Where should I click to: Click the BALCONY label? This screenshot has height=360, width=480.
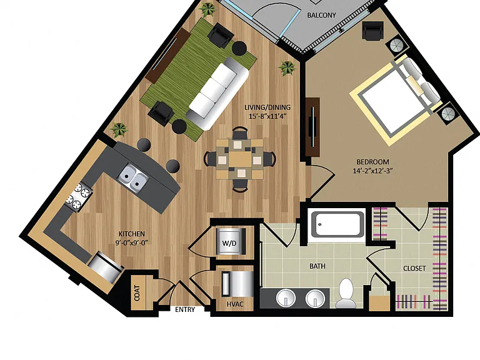pos(321,15)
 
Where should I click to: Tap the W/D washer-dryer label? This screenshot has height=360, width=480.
pos(229,243)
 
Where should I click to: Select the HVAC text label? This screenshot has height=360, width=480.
pos(235,304)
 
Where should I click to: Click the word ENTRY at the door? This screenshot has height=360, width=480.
pos(185,309)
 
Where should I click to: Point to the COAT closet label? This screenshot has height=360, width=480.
pos(137,293)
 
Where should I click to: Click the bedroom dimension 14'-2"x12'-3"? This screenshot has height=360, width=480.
pos(373,171)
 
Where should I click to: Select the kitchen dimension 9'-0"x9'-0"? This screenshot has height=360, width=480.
pos(132,242)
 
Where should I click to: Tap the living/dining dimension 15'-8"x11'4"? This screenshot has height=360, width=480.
pos(267,116)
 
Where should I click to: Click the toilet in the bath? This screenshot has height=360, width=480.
pos(346,293)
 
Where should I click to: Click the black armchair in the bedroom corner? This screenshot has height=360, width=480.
pos(372,31)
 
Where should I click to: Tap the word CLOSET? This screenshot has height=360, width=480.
pos(414,269)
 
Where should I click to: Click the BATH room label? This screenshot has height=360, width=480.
pos(317,266)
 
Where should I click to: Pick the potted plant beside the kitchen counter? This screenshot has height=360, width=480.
pos(119,129)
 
